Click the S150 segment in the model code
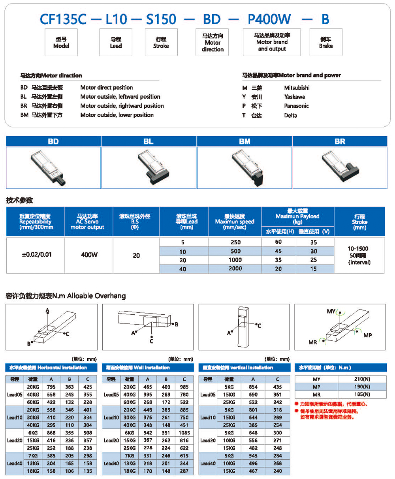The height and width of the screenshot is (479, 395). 158,19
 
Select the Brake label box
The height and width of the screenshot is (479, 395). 326,42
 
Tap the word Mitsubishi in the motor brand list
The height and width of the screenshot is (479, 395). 297,88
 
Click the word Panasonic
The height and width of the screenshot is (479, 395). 296,106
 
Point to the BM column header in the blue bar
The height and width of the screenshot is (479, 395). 245,141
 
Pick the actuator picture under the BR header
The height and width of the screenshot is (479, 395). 340,167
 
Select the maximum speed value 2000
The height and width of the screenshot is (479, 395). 235,269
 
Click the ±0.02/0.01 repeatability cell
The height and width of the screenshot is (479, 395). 36,255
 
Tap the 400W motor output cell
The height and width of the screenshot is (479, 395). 89,255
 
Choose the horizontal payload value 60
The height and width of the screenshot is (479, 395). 278,242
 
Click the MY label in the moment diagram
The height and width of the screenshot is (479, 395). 331,312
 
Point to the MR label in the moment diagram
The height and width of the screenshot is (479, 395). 313,342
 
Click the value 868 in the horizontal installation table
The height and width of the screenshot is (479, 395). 51,433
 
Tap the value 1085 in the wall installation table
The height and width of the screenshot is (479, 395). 184,433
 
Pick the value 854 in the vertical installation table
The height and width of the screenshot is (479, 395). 253,387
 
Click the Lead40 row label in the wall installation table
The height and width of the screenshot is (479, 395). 111,463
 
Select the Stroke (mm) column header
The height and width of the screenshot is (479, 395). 359,222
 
